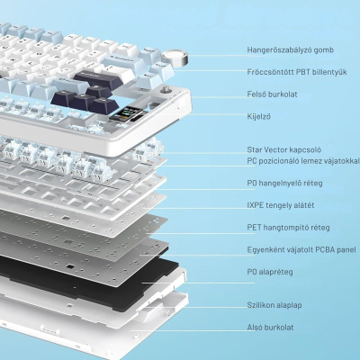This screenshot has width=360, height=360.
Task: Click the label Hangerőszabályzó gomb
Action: pos(290,49)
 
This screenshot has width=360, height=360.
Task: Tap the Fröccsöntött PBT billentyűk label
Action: pos(297,72)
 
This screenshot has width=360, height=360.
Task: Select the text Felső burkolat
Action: pos(272,94)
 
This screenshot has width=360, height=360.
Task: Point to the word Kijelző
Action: pos(258,116)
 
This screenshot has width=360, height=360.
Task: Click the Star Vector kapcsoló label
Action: pos(284,149)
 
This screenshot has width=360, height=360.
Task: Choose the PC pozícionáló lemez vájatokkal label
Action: pos(303,161)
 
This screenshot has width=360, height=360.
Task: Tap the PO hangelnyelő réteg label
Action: pos(284,183)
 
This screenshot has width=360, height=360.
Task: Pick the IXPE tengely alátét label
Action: pos(281,205)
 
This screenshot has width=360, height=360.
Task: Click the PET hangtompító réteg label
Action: pos(288,228)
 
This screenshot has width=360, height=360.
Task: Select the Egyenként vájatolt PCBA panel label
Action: pos(301,249)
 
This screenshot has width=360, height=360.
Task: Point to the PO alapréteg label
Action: pos(270,272)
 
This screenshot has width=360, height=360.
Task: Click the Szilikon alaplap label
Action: pos(274,305)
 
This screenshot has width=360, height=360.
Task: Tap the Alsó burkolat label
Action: pos(270,328)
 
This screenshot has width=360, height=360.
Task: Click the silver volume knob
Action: pos(175,58)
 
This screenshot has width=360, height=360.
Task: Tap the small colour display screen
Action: pos(126,113)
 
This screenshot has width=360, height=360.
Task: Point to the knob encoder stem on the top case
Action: pos(166,90)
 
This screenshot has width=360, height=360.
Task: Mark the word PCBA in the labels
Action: pos(326,249)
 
